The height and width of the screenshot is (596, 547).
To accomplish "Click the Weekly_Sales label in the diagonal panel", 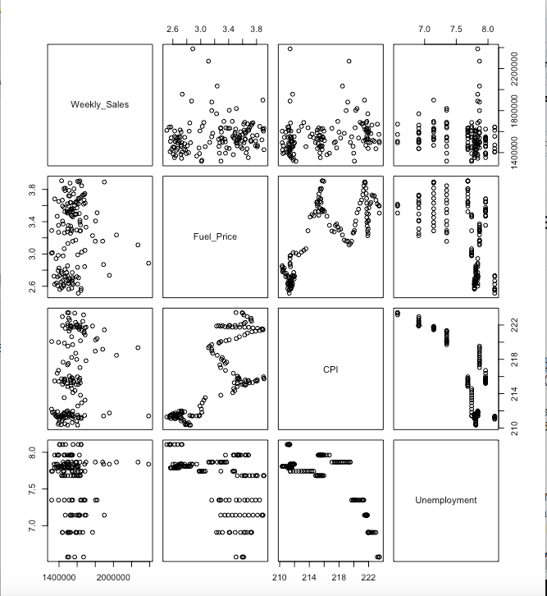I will [100, 104].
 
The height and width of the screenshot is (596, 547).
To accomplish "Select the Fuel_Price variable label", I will [215, 236].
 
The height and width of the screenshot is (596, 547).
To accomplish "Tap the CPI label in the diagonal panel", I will [330, 369].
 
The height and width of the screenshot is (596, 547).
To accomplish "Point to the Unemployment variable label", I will [445, 500].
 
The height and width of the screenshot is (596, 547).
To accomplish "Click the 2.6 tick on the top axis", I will [173, 29].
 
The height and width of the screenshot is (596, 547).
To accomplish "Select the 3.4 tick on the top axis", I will [229, 29].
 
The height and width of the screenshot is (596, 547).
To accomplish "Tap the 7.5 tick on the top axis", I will [457, 29].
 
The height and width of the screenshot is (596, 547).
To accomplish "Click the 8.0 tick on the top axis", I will [488, 29].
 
